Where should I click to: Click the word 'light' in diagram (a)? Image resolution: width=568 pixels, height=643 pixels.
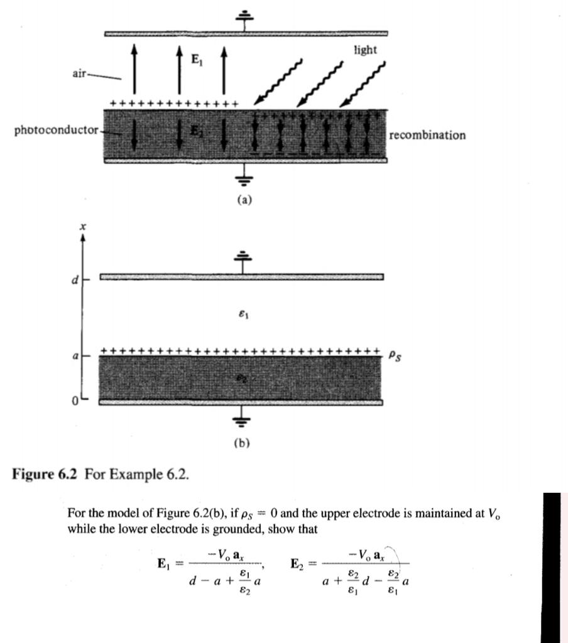[x=364, y=50]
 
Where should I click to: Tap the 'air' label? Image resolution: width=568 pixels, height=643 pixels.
[x=80, y=73]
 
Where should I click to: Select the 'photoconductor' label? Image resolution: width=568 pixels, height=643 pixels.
[x=56, y=131]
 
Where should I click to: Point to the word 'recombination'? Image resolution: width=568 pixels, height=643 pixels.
[x=427, y=135]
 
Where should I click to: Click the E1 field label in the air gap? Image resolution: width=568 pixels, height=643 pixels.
[x=197, y=60]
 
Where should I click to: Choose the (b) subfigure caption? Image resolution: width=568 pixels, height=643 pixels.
[x=241, y=443]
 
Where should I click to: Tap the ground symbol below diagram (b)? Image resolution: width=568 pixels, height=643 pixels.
[x=241, y=419]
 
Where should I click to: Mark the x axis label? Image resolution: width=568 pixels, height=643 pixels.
[x=82, y=226]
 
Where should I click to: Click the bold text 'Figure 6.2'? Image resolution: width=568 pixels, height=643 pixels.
[x=45, y=473]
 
